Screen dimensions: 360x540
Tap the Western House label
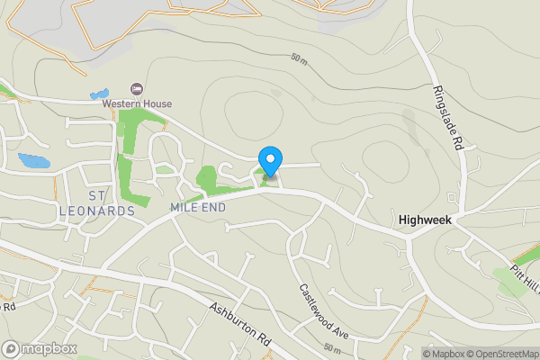pyautogui.click(x=136, y=103)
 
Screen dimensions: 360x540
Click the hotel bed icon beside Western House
pyautogui.click(x=137, y=88)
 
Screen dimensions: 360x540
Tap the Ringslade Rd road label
pyautogui.click(x=447, y=118)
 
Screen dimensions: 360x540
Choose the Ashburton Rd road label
pyautogui.click(x=238, y=326)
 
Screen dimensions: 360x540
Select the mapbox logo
pyautogui.click(x=40, y=348)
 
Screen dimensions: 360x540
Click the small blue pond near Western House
pyautogui.click(x=98, y=94)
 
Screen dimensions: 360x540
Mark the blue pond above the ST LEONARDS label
pyautogui.click(x=34, y=162)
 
